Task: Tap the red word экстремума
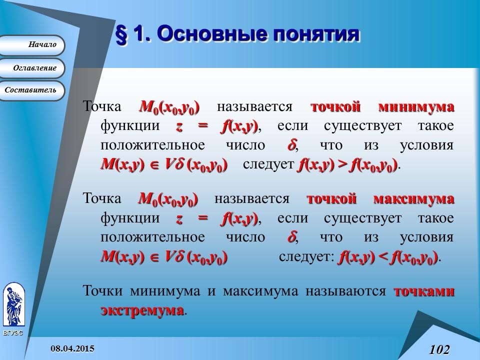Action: (142, 310)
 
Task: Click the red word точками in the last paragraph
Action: (424, 291)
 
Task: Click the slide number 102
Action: (439, 349)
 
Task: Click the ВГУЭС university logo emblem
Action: (13, 305)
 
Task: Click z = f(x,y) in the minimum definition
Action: (216, 126)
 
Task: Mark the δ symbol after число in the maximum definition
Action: (292, 237)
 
